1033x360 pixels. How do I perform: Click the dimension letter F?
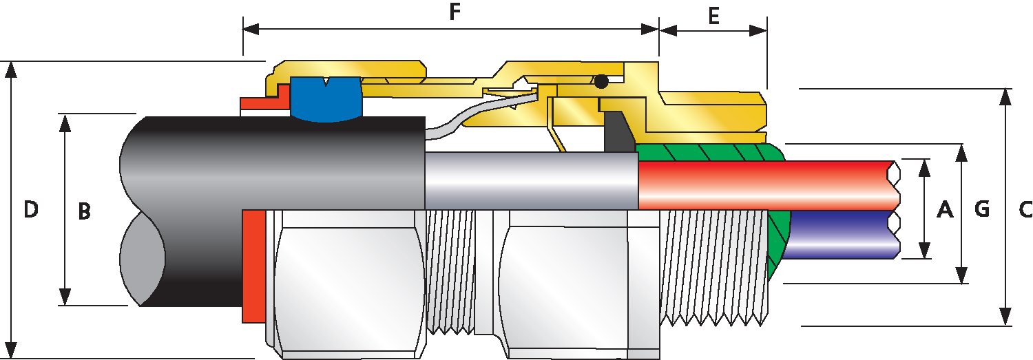455,12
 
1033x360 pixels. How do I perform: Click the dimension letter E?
713,16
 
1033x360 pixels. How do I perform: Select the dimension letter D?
31,209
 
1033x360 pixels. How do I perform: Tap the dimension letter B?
84,211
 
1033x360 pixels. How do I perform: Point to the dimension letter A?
945,209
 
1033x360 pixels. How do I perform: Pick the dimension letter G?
982,209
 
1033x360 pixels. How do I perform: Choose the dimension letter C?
1025,209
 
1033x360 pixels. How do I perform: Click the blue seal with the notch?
326,99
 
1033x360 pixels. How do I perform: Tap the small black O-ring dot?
601,82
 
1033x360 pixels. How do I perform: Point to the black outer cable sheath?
272,210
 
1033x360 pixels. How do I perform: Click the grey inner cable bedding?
531,181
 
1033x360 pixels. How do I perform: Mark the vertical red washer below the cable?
253,266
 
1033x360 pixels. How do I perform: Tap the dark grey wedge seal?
618,132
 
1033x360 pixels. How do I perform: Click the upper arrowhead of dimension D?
11,70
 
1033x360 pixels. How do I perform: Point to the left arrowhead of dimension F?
252,30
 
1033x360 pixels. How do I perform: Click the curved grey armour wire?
479,113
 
